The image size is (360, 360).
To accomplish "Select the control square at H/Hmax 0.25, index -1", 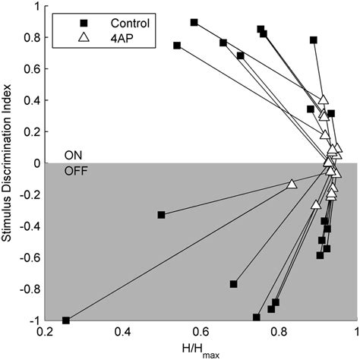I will point(65,321).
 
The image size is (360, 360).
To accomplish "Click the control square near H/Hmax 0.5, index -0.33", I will point(161,215).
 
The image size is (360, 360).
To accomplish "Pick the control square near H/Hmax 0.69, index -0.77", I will point(233,284).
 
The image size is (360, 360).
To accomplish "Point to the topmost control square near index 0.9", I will point(194,23).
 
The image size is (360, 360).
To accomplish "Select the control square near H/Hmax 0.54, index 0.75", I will point(177,46).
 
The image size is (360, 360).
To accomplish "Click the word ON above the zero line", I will point(74,155).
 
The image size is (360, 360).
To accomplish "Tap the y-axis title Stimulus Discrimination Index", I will point(10,163).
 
